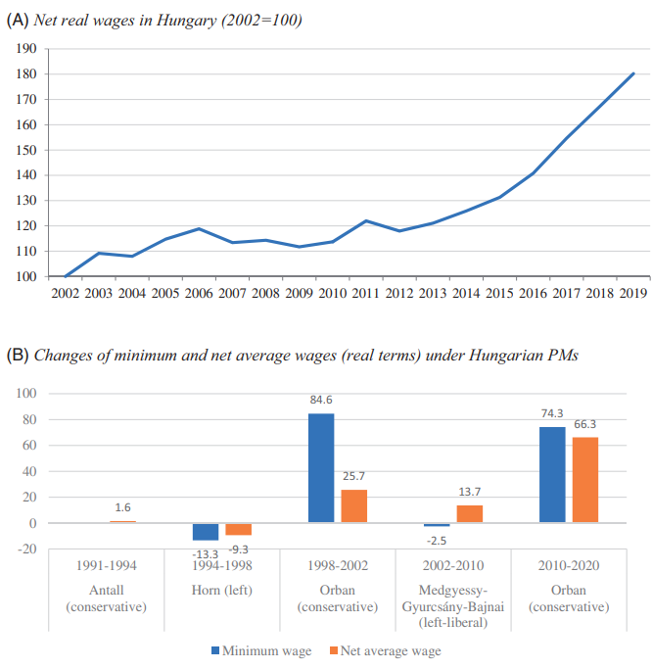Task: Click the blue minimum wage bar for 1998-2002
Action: click(x=321, y=468)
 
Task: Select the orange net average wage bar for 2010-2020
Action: click(x=584, y=480)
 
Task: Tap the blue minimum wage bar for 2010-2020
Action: click(x=552, y=474)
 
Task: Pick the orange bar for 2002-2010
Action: click(x=469, y=513)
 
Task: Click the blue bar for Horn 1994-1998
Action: click(x=206, y=532)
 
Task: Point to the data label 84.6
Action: click(x=321, y=400)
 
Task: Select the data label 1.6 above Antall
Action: click(x=122, y=507)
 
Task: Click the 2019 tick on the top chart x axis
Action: click(x=631, y=292)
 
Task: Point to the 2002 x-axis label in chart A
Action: click(x=66, y=292)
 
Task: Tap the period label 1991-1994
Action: click(x=108, y=566)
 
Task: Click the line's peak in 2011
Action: click(x=365, y=220)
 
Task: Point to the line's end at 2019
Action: click(x=632, y=73)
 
